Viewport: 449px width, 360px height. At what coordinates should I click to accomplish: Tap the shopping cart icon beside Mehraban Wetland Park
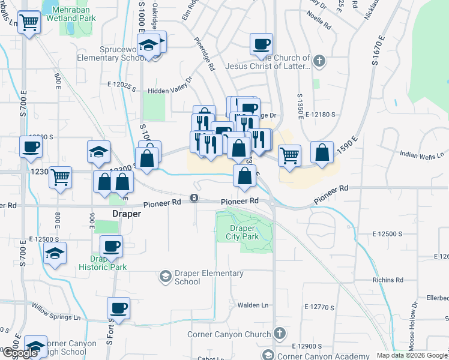click(29, 24)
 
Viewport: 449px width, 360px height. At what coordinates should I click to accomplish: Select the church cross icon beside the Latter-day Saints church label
click(319, 61)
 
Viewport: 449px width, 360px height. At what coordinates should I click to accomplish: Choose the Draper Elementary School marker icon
click(165, 277)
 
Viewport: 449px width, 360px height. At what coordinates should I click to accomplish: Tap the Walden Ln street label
click(252, 305)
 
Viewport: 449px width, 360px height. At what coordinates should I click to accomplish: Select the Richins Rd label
click(387, 280)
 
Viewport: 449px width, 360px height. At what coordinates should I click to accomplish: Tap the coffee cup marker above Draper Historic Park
click(112, 246)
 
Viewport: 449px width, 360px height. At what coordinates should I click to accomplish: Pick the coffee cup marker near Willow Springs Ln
click(118, 308)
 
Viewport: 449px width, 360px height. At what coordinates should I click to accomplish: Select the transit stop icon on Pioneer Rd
click(194, 198)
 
